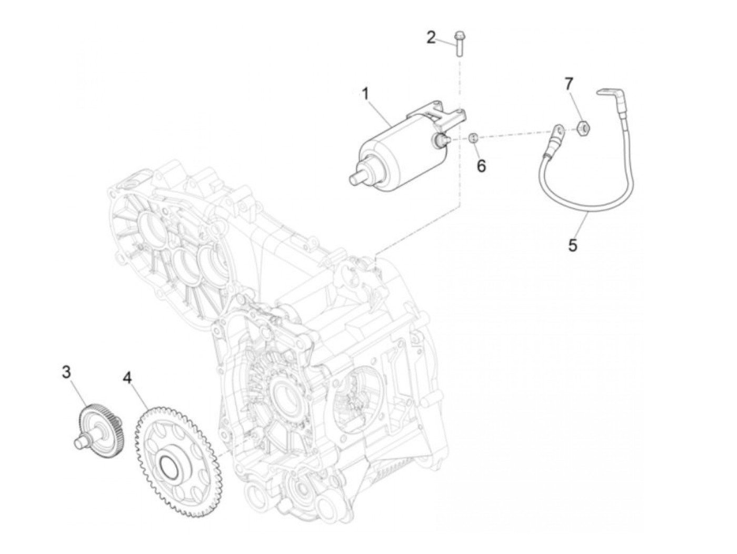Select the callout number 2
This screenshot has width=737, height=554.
click(431, 38)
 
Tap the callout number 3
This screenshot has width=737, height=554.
click(66, 372)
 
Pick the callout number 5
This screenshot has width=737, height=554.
click(573, 244)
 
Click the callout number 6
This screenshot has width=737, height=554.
click(481, 166)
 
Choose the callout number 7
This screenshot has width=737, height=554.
click(569, 84)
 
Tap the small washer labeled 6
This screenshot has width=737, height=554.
click(473, 138)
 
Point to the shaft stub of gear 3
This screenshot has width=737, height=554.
click(80, 441)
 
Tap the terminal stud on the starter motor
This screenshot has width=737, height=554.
click(440, 139)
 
